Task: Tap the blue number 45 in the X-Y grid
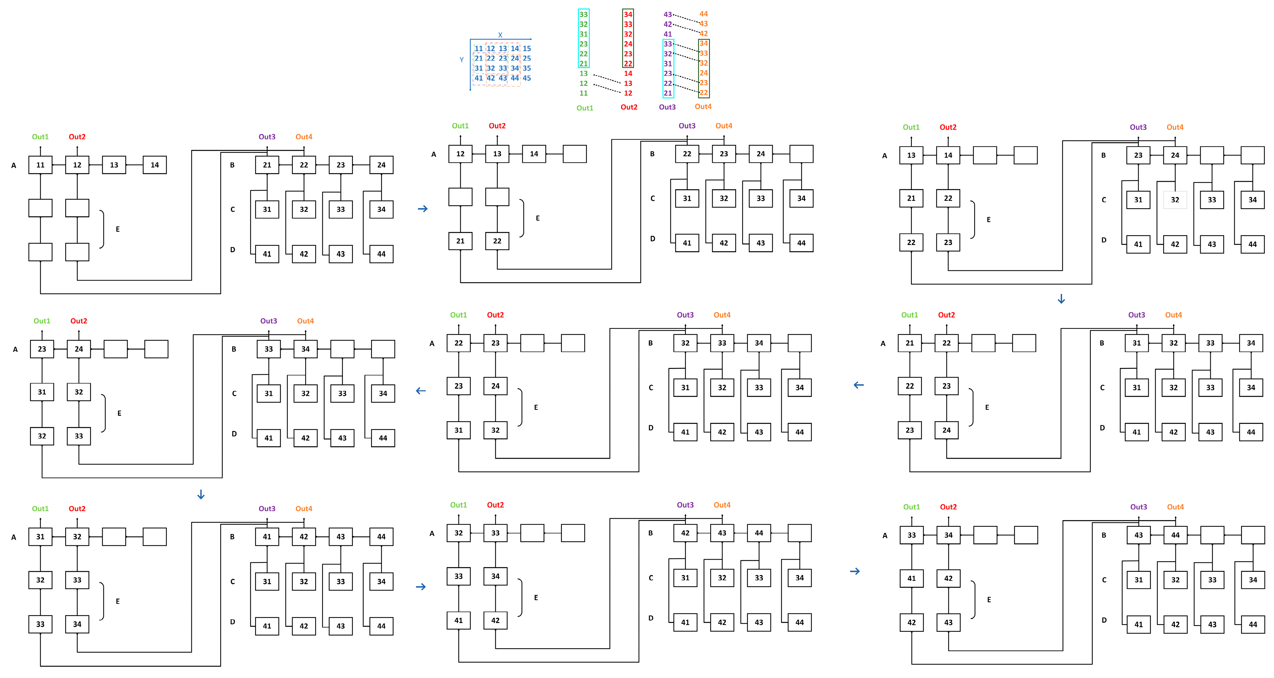pos(527,78)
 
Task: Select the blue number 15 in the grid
pos(527,48)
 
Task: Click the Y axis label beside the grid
pos(461,60)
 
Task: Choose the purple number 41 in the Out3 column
pos(668,34)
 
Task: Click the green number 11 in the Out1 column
pos(583,93)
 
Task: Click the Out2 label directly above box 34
pos(948,507)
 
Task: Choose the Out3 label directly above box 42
pos(685,505)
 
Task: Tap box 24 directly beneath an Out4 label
pos(1175,155)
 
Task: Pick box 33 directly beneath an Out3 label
pos(269,349)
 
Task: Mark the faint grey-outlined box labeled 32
pos(1175,200)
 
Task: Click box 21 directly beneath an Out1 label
pos(910,343)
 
